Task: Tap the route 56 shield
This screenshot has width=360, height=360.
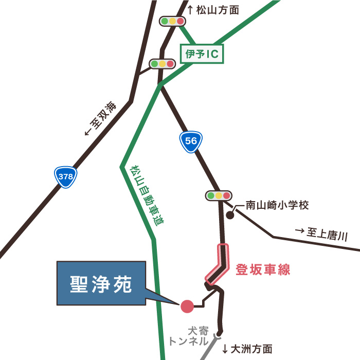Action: (191, 141)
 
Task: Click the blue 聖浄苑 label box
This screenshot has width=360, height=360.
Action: (101, 283)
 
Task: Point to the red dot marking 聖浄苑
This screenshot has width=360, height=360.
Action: (187, 307)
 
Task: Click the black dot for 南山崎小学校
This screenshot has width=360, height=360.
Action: (230, 215)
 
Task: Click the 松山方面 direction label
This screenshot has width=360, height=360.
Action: (214, 9)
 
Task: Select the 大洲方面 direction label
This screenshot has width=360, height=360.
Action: (247, 349)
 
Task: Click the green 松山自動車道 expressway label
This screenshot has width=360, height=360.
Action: (146, 195)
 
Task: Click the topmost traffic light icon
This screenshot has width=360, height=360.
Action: (172, 21)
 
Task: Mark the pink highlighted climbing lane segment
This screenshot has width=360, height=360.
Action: (219, 265)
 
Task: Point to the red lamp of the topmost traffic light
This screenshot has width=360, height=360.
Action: (180, 21)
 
